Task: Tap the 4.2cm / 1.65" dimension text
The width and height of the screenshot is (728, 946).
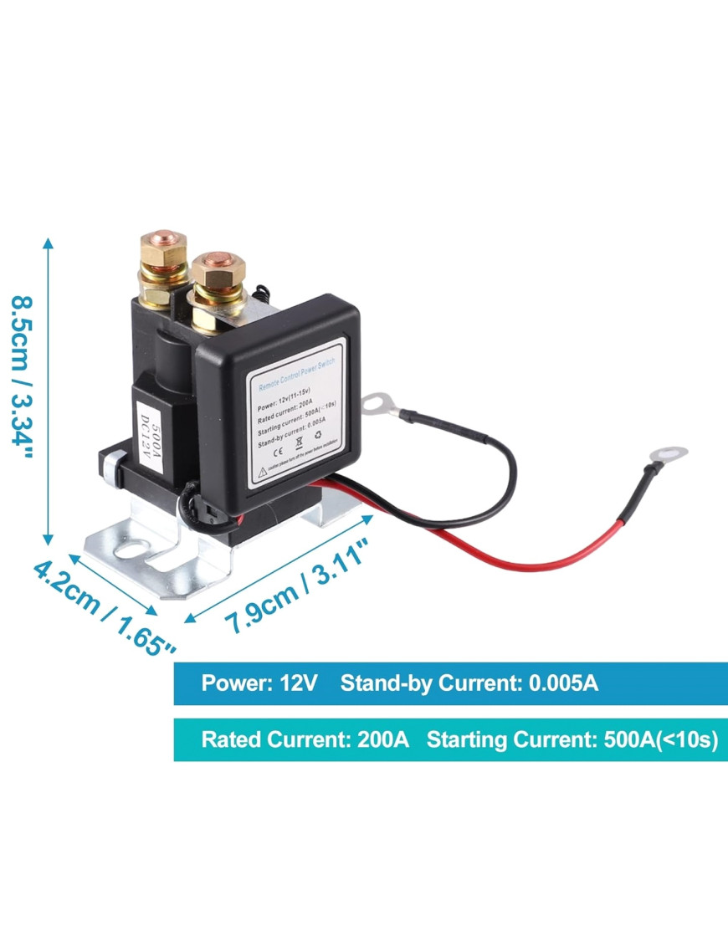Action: tap(104, 609)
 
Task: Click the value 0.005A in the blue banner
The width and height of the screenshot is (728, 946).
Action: tap(563, 683)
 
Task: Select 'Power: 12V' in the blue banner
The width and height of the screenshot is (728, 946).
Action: tap(259, 683)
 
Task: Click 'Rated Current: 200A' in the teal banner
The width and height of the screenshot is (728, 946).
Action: tap(305, 740)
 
